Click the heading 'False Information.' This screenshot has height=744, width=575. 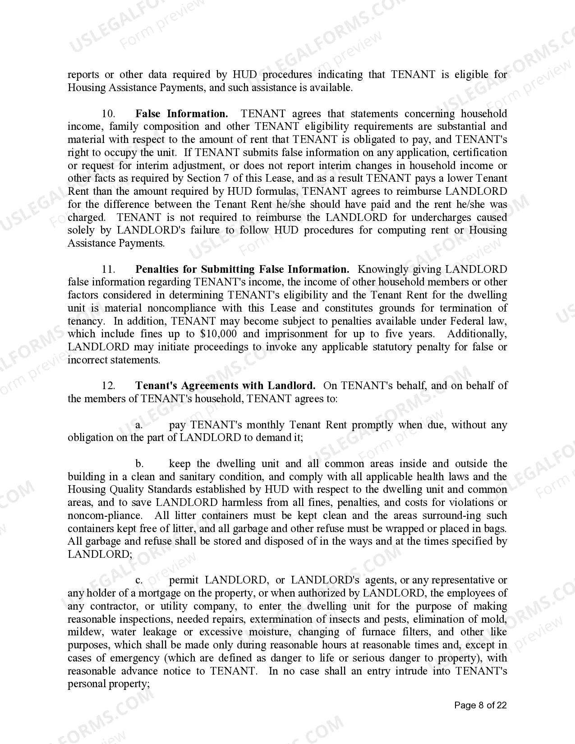point(181,114)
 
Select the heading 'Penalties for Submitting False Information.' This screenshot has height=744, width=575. point(242,269)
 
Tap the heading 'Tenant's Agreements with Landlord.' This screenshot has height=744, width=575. point(225,386)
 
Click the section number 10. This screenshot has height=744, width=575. point(109,114)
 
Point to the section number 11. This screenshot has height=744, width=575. point(109,269)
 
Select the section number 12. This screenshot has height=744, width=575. point(109,386)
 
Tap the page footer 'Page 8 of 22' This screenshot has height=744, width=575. point(480,705)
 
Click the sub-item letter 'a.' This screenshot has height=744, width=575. point(139,425)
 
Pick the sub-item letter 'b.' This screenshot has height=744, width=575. point(139,464)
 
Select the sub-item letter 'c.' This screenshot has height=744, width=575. point(139,580)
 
